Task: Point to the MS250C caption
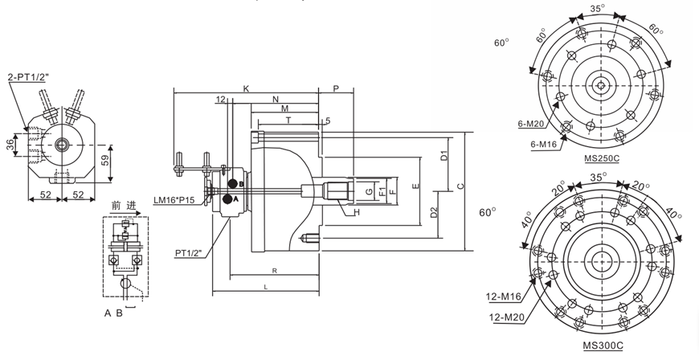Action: (x=601, y=160)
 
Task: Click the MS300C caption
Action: (x=602, y=346)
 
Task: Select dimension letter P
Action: (x=335, y=88)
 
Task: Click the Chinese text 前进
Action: (x=121, y=206)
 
